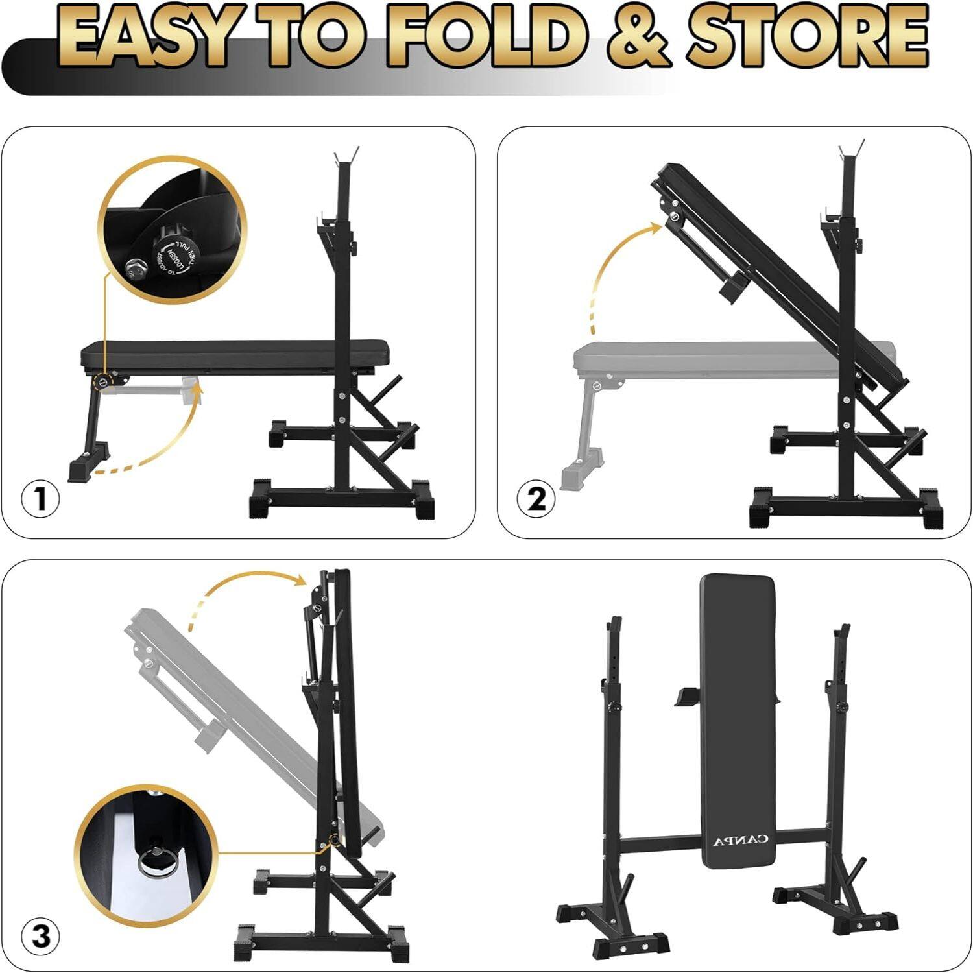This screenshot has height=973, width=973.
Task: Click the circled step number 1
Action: pyautogui.click(x=40, y=499)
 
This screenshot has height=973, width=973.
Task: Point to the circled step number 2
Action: pyautogui.click(x=536, y=499)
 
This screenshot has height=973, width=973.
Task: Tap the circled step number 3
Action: pyautogui.click(x=40, y=937)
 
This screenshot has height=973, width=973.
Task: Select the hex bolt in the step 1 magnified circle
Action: pyautogui.click(x=135, y=267)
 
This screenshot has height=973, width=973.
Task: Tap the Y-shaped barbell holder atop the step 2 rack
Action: pyautogui.click(x=850, y=150)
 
